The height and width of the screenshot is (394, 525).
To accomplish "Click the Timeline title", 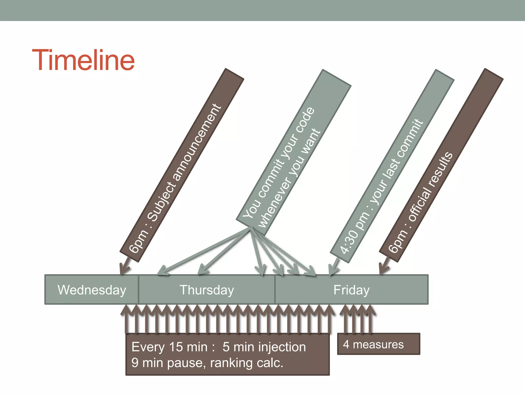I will click(x=83, y=60).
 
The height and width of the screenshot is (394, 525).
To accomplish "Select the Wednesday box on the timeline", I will click(x=92, y=290).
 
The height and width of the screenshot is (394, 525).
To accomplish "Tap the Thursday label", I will click(x=207, y=290).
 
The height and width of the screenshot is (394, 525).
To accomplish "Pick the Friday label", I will click(x=351, y=290).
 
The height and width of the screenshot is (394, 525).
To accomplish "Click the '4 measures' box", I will click(x=378, y=344).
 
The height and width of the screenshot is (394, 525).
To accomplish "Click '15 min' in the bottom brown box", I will click(x=188, y=347).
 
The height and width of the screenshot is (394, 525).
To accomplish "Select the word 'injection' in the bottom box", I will click(x=282, y=347).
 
